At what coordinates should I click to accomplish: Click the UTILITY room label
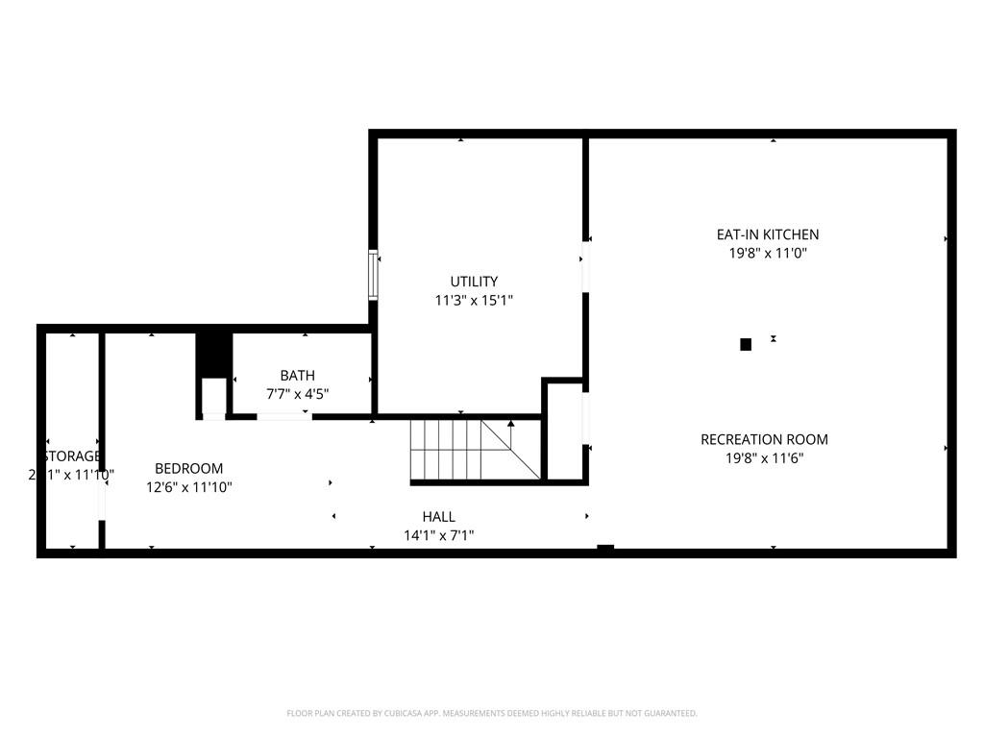point(474,282)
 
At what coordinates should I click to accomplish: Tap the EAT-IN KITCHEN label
point(767,234)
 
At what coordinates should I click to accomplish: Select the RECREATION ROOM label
point(764,439)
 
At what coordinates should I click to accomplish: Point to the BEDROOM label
point(188,468)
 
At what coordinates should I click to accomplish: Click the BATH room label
point(297,375)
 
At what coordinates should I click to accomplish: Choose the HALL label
point(438,517)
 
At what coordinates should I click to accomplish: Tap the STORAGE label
point(70,455)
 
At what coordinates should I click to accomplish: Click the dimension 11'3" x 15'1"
point(474,301)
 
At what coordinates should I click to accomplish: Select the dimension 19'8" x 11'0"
point(767,254)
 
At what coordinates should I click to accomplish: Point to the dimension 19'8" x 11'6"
point(764,458)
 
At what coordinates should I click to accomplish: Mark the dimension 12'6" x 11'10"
point(188,487)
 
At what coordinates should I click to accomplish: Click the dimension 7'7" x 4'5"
point(297,393)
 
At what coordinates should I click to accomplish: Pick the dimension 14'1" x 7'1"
point(438,535)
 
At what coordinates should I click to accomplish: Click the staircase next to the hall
point(461,449)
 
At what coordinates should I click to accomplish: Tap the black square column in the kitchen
point(746,344)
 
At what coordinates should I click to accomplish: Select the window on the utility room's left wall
point(374,276)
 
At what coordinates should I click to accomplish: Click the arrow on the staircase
point(511,423)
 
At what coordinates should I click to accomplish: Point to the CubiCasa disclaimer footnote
point(492,713)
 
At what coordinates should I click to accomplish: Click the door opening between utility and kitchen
point(584,266)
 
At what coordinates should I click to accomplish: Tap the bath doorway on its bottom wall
point(283,416)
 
